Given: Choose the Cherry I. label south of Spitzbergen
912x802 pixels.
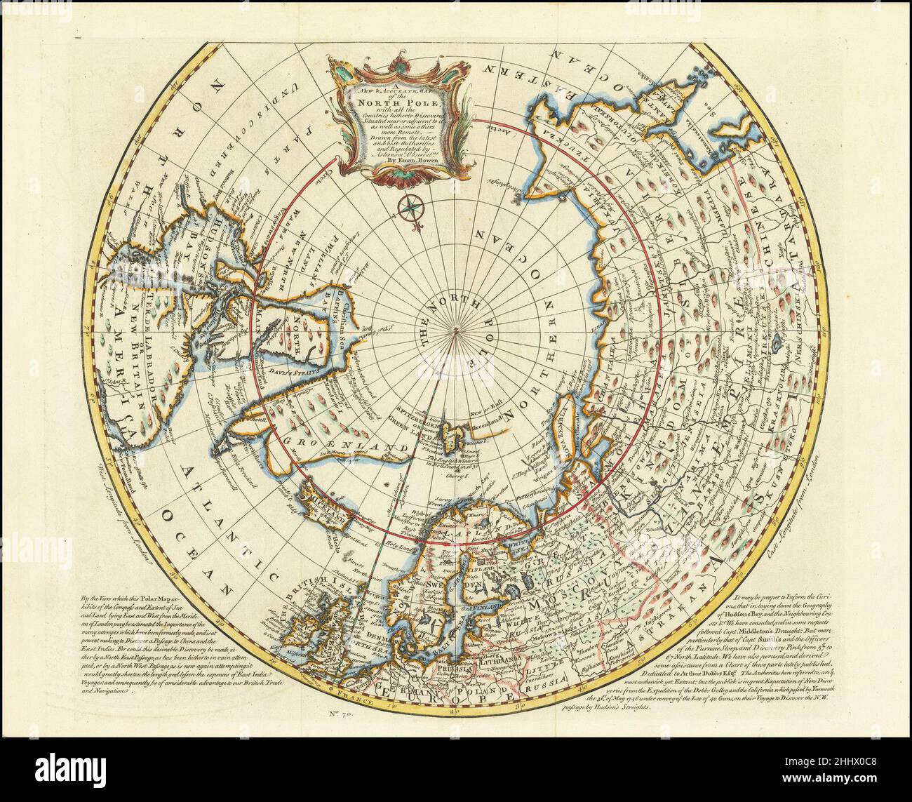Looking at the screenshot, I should pyautogui.click(x=457, y=475).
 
